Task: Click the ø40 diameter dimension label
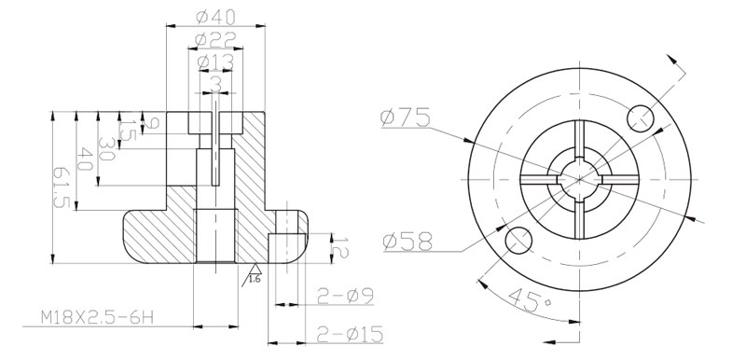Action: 215,17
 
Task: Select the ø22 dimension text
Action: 215,40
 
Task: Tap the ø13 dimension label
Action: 215,62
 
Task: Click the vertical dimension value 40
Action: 85,159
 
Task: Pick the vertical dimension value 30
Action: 105,149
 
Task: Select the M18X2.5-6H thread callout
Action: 97,317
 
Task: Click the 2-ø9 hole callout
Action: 345,297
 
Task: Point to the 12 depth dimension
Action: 341,248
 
